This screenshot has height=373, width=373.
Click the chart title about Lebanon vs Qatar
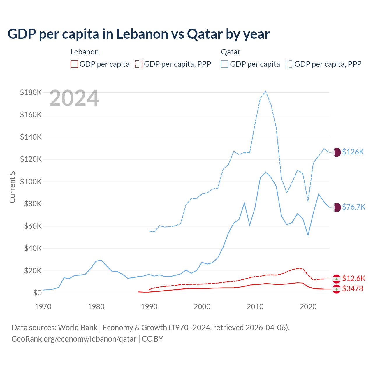coord(139,34)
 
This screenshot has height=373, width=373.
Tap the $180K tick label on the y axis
coord(31,92)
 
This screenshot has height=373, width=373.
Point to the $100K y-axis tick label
coord(31,182)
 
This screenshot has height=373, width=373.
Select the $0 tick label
coord(37,293)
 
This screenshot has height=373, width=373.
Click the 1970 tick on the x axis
coord(43,307)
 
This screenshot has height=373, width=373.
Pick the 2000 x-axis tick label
coord(202,307)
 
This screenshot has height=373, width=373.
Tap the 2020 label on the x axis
coord(308,307)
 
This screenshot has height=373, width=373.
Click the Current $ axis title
coord(12,186)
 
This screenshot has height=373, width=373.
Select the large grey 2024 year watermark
coord(74,98)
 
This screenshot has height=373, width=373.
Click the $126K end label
coord(353,152)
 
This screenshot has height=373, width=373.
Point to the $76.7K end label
coord(353,207)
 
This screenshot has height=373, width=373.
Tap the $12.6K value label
coord(353,278)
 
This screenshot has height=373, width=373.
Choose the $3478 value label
coord(353,288)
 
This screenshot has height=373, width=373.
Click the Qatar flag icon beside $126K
coord(337,152)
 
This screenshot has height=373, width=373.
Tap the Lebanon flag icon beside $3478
coord(337,289)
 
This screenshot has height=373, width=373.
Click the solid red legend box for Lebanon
coord(74,64)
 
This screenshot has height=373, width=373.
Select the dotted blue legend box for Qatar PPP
coord(289,64)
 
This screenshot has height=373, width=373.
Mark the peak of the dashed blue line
coord(265,91)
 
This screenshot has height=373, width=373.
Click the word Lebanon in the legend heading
coord(85,52)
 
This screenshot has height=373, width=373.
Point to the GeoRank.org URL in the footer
coord(74,339)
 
